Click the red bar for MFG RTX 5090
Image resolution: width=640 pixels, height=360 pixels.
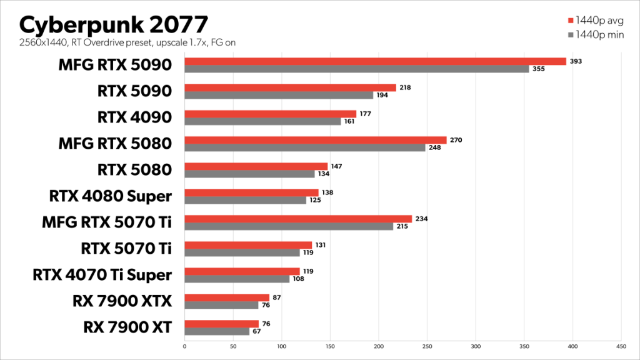[375, 61]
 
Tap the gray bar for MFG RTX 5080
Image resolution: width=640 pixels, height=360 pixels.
[305, 148]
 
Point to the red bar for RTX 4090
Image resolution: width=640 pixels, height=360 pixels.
[271, 114]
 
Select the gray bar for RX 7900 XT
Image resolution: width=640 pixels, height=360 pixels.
[217, 331]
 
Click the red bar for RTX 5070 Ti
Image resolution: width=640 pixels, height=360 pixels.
[248, 245]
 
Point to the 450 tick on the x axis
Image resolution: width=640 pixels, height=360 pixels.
[621, 345]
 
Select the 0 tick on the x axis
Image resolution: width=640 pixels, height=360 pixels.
[185, 345]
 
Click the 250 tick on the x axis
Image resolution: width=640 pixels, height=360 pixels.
[427, 345]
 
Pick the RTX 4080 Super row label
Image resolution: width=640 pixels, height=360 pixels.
[110, 196]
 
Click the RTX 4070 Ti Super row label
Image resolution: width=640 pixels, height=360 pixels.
[102, 274]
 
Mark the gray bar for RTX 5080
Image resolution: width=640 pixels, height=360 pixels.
[249, 174]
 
